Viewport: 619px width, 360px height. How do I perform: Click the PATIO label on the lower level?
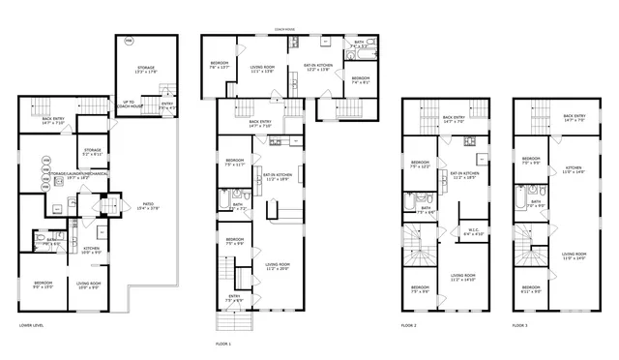149,205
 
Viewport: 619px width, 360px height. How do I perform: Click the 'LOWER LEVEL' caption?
32,325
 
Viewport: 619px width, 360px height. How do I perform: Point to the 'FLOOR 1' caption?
224,344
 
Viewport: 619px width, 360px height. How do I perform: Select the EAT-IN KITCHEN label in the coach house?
318,68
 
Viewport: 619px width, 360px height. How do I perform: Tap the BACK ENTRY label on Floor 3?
575,117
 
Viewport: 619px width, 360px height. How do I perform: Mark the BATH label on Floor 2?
426,208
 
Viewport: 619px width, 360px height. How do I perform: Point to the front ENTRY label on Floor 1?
235,297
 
